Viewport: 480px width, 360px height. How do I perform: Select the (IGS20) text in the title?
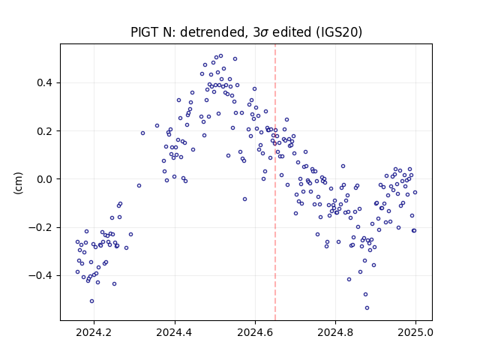pyautogui.click(x=337, y=32)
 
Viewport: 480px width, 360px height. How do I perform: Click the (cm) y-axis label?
pyautogui.click(x=18, y=183)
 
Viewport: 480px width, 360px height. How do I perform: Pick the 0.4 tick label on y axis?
pyautogui.click(x=45, y=83)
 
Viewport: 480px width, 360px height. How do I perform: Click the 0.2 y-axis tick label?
pyautogui.click(x=45, y=131)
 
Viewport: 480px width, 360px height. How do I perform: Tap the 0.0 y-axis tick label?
pyautogui.click(x=45, y=179)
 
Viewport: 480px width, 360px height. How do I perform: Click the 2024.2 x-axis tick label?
pyautogui.click(x=94, y=332)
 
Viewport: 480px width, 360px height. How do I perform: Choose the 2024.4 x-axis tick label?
pyautogui.click(x=175, y=332)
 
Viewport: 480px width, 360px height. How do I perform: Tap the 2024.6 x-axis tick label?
pyautogui.click(x=255, y=332)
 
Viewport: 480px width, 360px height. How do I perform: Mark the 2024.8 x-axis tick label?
pyautogui.click(x=335, y=332)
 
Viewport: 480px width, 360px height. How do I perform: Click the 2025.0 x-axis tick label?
pyautogui.click(x=415, y=332)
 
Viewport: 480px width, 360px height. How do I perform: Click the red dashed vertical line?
pyautogui.click(x=275, y=182)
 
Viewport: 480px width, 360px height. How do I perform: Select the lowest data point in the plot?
pyautogui.click(x=367, y=308)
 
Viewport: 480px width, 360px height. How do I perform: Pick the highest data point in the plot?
pyautogui.click(x=220, y=56)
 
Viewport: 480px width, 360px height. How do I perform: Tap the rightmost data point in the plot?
pyautogui.click(x=415, y=193)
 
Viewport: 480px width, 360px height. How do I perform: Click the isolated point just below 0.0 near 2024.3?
pyautogui.click(x=139, y=186)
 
